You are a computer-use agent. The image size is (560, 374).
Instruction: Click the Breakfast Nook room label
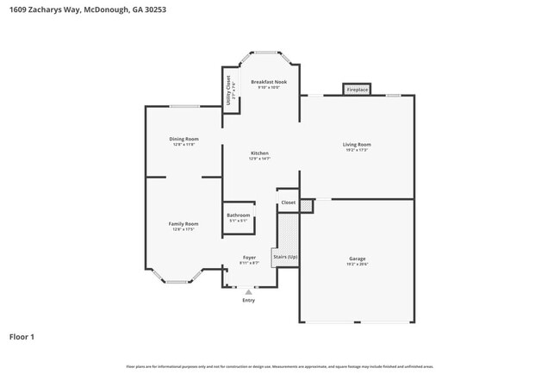269,82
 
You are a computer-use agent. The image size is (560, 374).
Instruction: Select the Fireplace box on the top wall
357,90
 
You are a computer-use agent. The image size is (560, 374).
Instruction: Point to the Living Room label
357,144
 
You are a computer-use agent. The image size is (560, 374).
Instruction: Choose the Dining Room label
184,139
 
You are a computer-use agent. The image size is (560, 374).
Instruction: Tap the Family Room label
184,223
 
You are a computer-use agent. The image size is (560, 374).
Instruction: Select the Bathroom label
238,215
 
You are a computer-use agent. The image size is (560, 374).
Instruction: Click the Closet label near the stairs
288,203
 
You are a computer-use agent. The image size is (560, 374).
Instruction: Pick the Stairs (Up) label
285,257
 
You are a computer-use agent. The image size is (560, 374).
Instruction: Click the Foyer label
249,257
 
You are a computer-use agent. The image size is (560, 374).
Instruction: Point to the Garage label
357,259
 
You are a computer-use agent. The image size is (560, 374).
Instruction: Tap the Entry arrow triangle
249,292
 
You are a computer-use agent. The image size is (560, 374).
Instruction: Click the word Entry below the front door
249,301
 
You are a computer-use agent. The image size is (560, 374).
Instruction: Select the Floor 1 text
22,336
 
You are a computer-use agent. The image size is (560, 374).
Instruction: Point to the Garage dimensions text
357,265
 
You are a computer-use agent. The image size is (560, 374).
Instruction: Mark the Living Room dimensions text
357,150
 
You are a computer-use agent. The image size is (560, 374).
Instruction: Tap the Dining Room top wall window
184,106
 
